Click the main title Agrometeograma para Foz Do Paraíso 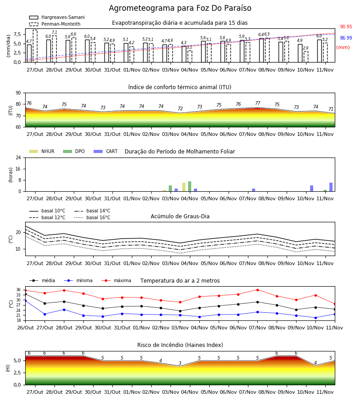coord(180,8)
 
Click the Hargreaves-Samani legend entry coord(57,17)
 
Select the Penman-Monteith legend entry coord(55,24)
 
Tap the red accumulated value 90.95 coord(346,27)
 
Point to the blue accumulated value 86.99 coord(346,38)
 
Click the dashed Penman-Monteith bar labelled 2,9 coord(306,57)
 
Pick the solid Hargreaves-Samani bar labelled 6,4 coord(261,50)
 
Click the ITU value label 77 coord(258,103)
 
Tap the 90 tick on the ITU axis coord(18,93)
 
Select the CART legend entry coord(106,151)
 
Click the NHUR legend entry coord(42,151)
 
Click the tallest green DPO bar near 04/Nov coord(190,186)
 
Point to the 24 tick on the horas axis coord(18,157)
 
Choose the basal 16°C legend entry coord(92,217)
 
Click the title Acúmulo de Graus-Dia coord(180,216)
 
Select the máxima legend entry coord(117,280)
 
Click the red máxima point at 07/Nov coord(257,290)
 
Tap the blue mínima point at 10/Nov coord(315,318)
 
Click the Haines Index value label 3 coord(180,363)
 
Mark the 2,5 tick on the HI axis coord(17,373)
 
